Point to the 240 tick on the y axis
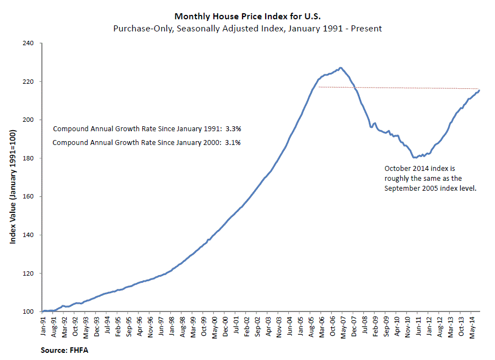click(28, 43)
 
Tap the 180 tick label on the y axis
click(28, 158)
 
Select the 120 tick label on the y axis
click(28, 273)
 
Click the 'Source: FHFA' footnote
click(63, 350)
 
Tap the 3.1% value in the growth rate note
click(233, 143)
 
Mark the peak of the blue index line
click(341, 67)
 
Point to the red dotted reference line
click(397, 88)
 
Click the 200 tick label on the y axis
click(28, 120)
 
